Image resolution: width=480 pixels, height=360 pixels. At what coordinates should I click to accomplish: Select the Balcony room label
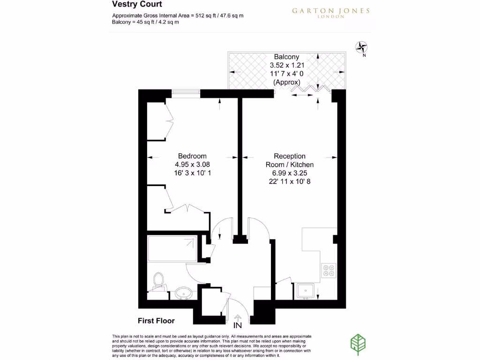(x=286, y=57)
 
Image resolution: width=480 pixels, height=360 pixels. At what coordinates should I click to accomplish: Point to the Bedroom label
(x=192, y=156)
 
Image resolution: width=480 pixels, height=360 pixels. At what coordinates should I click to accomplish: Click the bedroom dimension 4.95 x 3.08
(x=192, y=165)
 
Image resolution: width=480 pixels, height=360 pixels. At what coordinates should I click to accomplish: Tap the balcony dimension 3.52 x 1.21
(x=286, y=66)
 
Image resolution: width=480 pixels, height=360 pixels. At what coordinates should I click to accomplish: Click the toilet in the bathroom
(x=158, y=281)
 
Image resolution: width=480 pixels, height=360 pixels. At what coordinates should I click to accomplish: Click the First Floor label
(x=156, y=321)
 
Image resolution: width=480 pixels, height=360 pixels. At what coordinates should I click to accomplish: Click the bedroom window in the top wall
(x=186, y=93)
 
